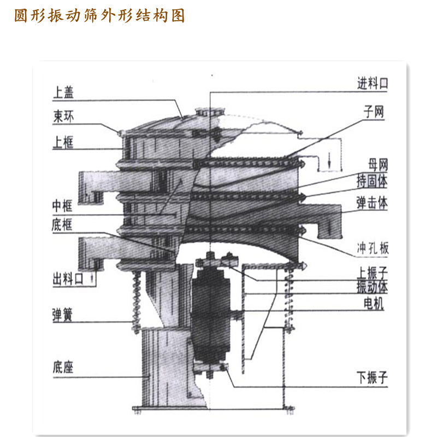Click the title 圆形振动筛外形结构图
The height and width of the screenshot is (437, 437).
click(99, 15)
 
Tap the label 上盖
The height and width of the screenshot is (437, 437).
click(63, 92)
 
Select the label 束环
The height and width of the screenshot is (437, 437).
click(63, 116)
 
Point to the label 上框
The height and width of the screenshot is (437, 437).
click(63, 142)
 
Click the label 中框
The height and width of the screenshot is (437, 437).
click(62, 206)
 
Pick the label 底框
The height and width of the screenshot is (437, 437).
click(62, 225)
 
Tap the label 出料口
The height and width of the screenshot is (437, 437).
click(68, 279)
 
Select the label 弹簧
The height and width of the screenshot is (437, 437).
click(62, 315)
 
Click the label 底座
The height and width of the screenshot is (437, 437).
click(63, 367)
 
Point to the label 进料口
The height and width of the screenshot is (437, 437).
click(373, 84)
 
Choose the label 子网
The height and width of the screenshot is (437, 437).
click(374, 112)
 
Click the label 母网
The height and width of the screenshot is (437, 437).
click(378, 165)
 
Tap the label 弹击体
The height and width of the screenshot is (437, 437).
click(372, 203)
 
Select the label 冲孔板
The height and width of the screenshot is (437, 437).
click(373, 248)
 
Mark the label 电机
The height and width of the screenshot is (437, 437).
click(374, 304)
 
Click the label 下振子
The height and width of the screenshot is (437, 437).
click(373, 377)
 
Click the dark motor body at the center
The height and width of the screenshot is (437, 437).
click(211, 316)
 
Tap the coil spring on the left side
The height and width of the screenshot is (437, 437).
click(136, 302)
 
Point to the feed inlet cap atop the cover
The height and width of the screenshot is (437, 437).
click(210, 112)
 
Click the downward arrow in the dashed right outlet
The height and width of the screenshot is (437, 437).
click(329, 160)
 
